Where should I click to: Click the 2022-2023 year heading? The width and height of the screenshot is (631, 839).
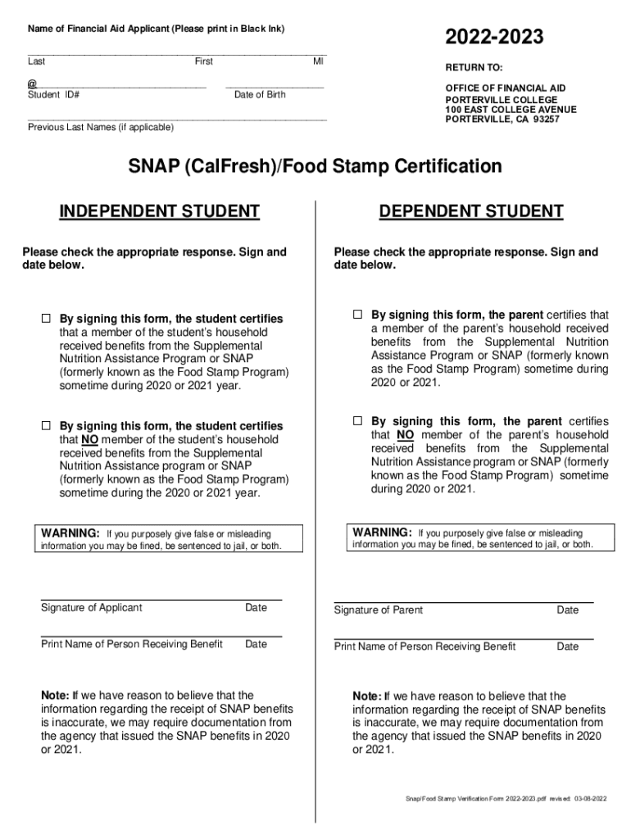(494, 37)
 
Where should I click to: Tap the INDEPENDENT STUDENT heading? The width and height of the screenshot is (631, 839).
(160, 212)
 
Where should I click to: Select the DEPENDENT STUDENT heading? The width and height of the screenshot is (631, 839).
(471, 212)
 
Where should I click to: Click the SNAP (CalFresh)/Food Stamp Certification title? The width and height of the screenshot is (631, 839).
(315, 167)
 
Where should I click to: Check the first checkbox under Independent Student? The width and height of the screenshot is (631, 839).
(47, 318)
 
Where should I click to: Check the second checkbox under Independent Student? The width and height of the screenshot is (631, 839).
(47, 425)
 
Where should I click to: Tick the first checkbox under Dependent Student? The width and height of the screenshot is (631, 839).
(357, 314)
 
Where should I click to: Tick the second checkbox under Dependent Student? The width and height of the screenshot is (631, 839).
(357, 420)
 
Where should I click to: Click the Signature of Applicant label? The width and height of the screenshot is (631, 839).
(91, 608)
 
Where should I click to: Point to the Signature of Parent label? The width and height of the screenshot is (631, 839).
(379, 610)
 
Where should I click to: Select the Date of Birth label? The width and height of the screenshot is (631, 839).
(260, 95)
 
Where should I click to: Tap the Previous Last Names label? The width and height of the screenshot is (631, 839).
(101, 128)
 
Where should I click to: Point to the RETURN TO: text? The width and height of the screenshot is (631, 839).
(474, 68)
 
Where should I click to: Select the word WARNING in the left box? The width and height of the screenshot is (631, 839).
(70, 533)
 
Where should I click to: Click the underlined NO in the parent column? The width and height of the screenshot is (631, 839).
(405, 435)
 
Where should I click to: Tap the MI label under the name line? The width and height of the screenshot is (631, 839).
(319, 61)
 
